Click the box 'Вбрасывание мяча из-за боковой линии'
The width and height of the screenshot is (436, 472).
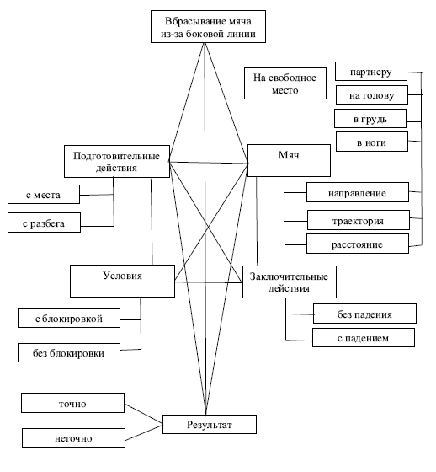[x=208, y=26]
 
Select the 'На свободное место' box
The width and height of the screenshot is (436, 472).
[x=285, y=83]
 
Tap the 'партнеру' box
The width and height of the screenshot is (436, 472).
[x=371, y=72]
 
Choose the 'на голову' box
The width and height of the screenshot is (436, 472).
[x=372, y=94]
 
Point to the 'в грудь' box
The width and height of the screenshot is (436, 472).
[x=370, y=119]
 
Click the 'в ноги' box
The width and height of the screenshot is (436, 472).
[x=372, y=142]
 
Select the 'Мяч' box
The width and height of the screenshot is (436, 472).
[x=289, y=160]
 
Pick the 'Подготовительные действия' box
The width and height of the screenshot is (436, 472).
[x=117, y=161]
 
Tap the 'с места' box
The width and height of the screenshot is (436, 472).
[x=44, y=195]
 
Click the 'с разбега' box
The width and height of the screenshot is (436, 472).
[x=45, y=223]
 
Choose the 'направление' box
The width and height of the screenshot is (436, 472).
[x=358, y=192]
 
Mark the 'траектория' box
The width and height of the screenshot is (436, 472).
[x=359, y=220]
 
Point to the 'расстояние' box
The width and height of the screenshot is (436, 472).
[x=358, y=244]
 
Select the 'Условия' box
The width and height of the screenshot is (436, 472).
[x=122, y=282]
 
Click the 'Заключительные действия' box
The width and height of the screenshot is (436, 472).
[x=290, y=282]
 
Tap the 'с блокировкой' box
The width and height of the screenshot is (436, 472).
[x=69, y=319]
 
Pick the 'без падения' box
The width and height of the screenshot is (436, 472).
[x=364, y=314]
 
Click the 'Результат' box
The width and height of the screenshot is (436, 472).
[x=210, y=425]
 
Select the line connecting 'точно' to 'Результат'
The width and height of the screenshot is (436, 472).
[x=143, y=414]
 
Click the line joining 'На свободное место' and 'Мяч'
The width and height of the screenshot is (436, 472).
[x=284, y=122]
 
